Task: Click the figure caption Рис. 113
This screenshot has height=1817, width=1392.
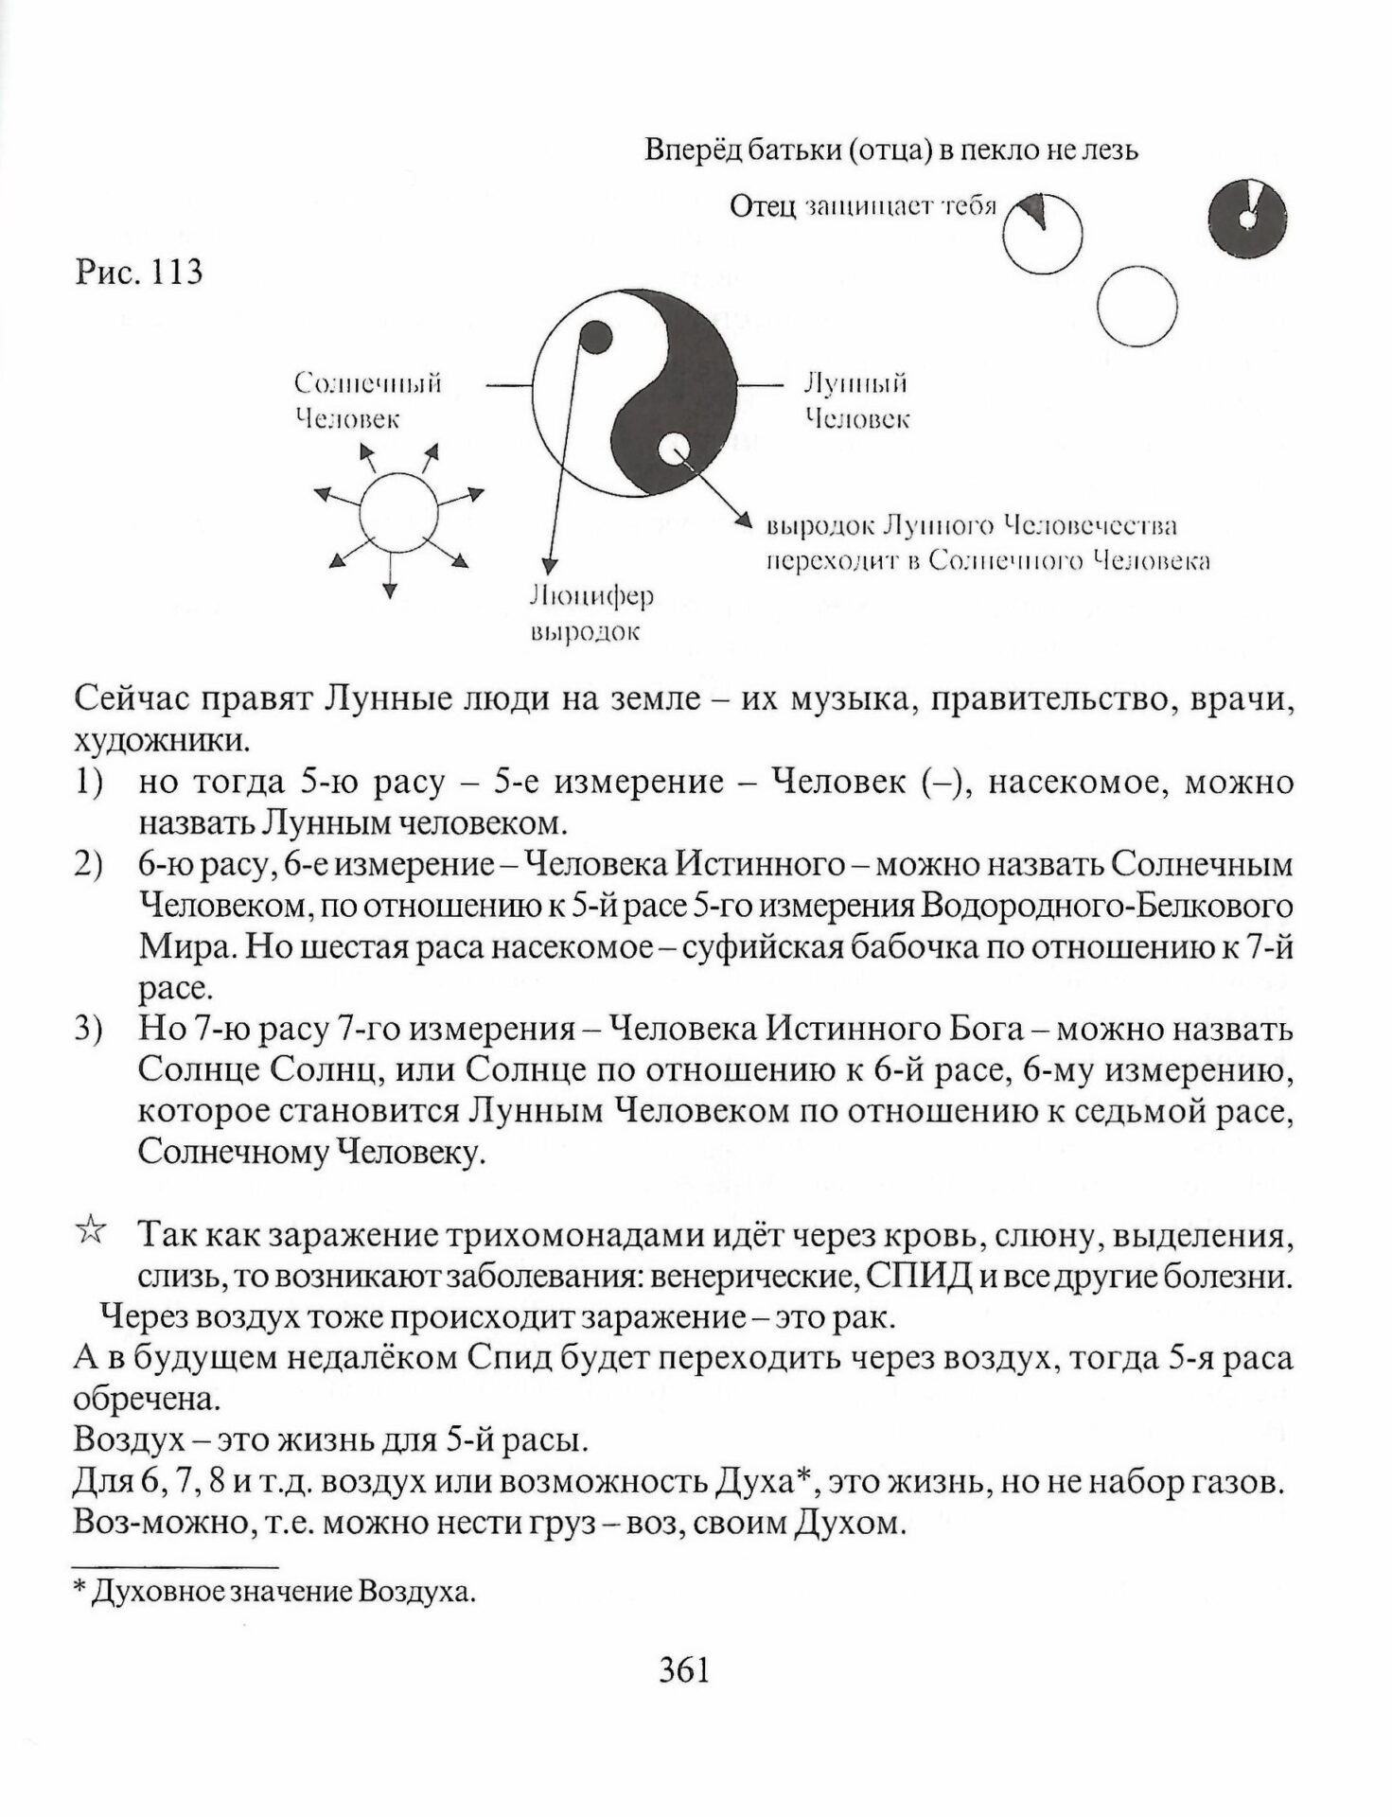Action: [138, 273]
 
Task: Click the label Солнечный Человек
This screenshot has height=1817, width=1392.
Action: [367, 400]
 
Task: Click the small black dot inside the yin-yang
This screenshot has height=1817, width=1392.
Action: [594, 338]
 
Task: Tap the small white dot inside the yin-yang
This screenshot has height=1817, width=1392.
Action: [676, 449]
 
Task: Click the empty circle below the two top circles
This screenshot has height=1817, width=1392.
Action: [1137, 307]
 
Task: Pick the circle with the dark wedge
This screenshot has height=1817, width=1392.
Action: [1042, 233]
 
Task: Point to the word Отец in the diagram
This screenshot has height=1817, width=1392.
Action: [763, 206]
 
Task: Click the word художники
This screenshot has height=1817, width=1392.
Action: [161, 741]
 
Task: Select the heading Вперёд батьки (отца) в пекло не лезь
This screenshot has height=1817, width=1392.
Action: [891, 150]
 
